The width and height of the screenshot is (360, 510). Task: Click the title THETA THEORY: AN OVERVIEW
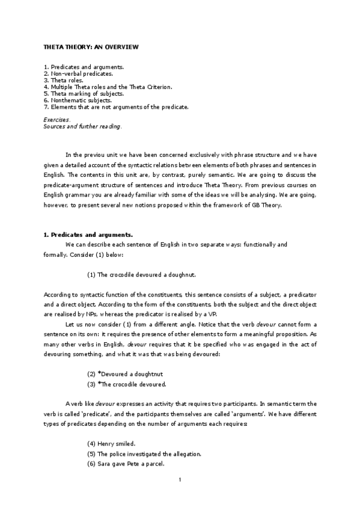click(x=93, y=46)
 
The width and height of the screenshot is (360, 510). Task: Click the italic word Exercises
click(x=57, y=120)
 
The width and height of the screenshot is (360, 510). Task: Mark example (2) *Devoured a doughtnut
click(x=125, y=373)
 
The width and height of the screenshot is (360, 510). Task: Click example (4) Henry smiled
click(x=112, y=444)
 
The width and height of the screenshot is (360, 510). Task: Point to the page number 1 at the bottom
click(x=180, y=480)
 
